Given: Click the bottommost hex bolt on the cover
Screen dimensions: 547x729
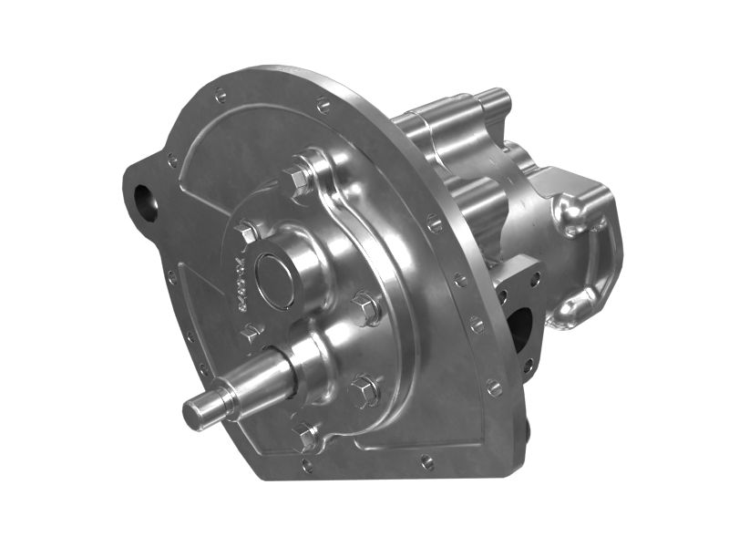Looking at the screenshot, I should point(306,435).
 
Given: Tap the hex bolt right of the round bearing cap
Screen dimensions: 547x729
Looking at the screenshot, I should point(366,309).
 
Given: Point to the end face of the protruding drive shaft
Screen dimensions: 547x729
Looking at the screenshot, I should point(194,416).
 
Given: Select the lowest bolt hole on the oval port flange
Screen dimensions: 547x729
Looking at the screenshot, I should point(528,366).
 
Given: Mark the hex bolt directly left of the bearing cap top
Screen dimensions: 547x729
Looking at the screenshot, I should point(247,233).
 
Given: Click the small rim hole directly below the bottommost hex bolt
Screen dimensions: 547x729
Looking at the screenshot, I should point(307,465).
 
